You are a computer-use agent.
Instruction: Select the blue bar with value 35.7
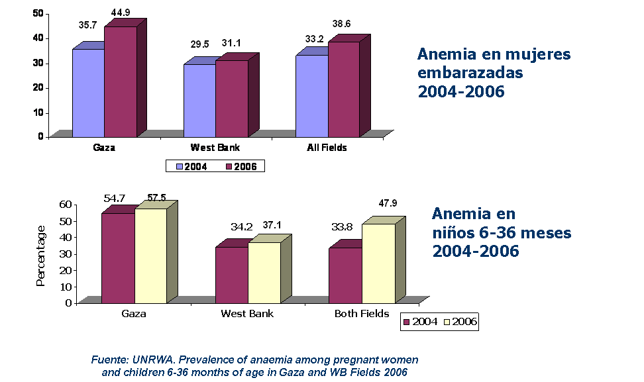click(x=88, y=93)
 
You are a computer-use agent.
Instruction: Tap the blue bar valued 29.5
click(x=199, y=100)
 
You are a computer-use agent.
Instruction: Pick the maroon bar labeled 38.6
click(x=343, y=89)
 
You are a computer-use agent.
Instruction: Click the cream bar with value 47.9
click(x=378, y=263)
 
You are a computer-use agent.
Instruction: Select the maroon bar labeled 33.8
click(x=345, y=275)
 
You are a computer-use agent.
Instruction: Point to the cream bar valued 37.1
click(x=264, y=272)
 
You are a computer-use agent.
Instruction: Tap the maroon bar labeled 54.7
click(x=118, y=258)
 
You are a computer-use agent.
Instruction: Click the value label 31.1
click(x=232, y=44)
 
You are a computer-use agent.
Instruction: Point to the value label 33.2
click(x=315, y=39)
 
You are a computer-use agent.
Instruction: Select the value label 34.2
click(x=242, y=226)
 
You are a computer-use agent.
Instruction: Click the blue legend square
click(x=180, y=167)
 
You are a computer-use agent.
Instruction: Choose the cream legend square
click(x=447, y=322)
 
